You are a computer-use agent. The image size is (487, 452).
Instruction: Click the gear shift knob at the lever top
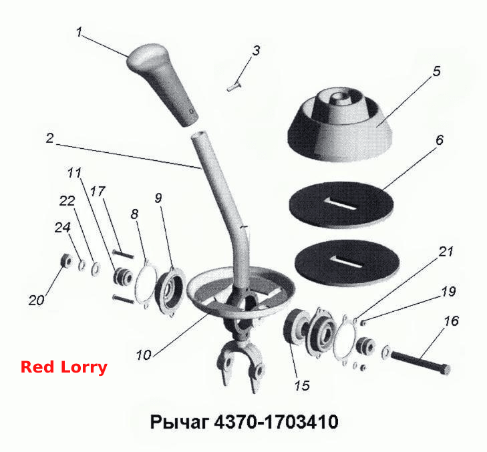tap(162, 84)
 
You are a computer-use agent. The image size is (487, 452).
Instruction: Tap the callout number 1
tap(79, 32)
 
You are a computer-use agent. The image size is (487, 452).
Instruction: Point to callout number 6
tap(440, 140)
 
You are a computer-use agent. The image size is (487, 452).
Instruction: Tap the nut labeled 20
tap(66, 260)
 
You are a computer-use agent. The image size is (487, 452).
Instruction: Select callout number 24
tap(63, 228)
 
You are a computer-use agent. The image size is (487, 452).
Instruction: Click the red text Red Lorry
tap(64, 367)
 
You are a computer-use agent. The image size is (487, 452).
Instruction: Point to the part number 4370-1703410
tap(277, 421)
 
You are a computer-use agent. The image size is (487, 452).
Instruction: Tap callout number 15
tap(302, 385)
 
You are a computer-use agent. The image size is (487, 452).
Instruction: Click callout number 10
tap(144, 355)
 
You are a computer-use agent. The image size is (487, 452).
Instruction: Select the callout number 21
tap(446, 252)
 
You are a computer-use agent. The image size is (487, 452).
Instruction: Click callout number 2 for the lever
tap(49, 138)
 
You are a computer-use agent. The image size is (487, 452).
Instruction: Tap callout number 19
tap(448, 292)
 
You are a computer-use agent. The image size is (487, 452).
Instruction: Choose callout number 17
tap(98, 191)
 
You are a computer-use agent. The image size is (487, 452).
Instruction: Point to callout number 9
tap(158, 198)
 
